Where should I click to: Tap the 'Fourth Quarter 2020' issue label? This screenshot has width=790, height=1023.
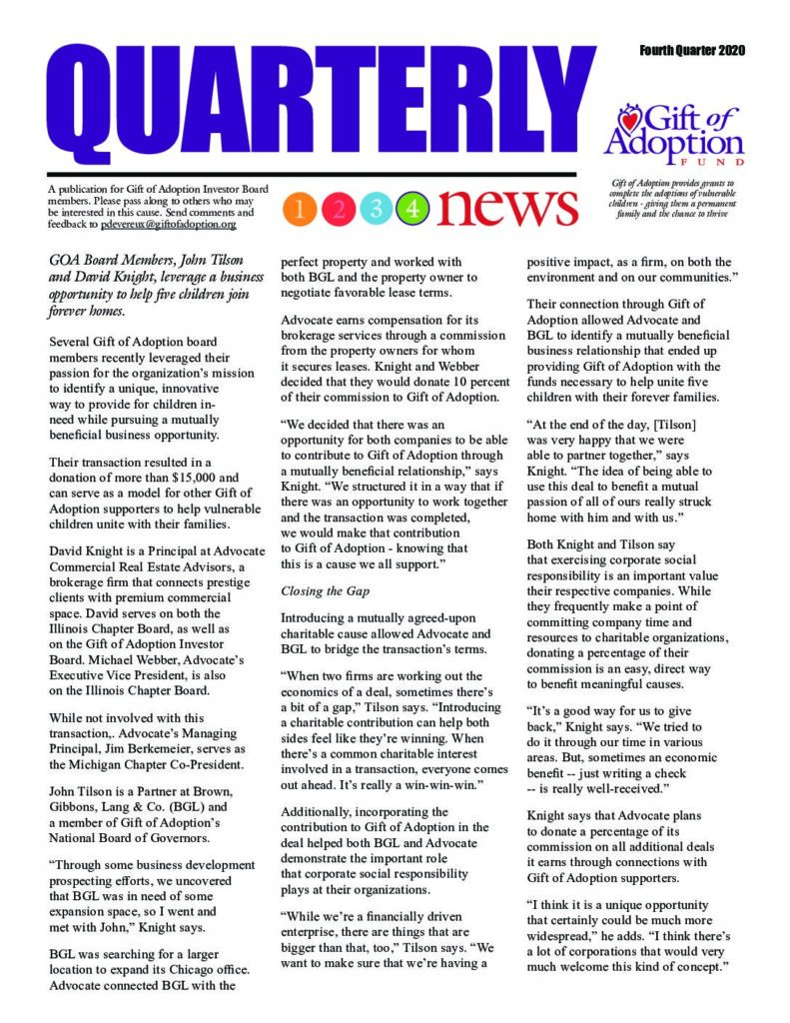click(x=693, y=50)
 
